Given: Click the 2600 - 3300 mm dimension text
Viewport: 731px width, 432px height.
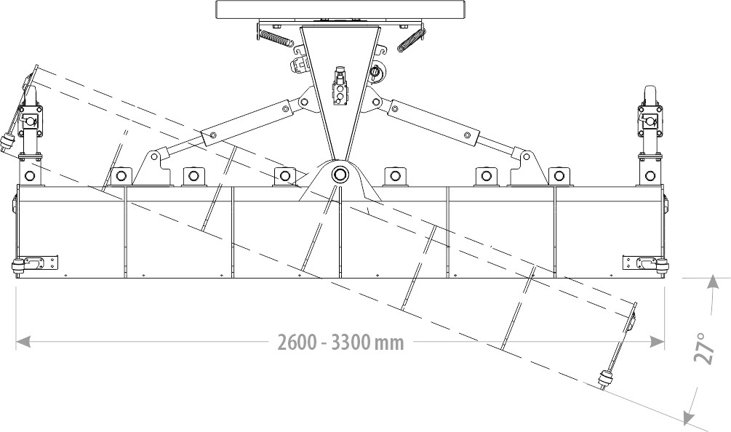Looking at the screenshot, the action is coord(340,343).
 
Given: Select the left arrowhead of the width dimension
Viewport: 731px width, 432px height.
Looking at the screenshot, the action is coord(23,342).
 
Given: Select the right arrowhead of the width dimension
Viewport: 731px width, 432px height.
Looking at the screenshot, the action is coord(657,342).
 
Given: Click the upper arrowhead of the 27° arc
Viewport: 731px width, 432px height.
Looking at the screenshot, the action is coord(712,282).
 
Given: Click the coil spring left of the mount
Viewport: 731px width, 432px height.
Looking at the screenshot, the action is coord(276,39).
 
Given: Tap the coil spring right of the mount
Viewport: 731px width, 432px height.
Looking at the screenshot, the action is coord(411,40).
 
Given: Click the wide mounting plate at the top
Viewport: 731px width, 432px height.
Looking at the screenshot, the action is coord(340,9).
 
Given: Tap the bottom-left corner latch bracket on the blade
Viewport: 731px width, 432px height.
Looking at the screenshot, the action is coord(35,263).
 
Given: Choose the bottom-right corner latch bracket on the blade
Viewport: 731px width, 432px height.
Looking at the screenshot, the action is coord(646,263).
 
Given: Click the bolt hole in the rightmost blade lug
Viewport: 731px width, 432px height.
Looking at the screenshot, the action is coord(650,176).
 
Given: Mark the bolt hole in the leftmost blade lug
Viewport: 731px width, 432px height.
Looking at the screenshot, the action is coord(29,176).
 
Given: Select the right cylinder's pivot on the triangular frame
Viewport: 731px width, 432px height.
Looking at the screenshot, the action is coord(376,102).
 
